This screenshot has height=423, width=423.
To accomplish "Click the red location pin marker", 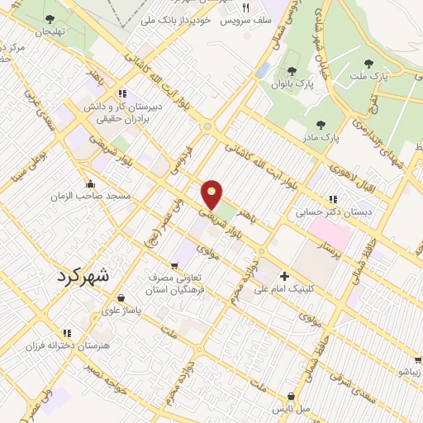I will pyautogui.click(x=213, y=193).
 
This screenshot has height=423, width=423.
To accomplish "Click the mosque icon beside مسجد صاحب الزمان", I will pyautogui.click(x=90, y=183).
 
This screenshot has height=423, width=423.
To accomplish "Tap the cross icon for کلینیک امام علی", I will pyautogui.click(x=285, y=277).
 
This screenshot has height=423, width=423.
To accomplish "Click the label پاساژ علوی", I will pyautogui.click(x=121, y=311).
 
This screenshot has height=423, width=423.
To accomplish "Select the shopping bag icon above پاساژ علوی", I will pyautogui.click(x=121, y=298).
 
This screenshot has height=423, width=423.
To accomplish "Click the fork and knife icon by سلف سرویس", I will pyautogui.click(x=257, y=7).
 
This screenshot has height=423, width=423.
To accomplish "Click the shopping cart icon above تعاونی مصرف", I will pyautogui.click(x=173, y=265).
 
